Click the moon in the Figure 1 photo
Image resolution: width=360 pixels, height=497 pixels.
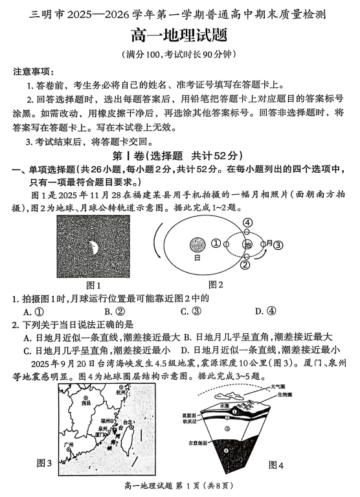tap(95, 246)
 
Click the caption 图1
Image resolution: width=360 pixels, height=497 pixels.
tap(95, 285)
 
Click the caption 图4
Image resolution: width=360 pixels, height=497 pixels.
tap(276, 465)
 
